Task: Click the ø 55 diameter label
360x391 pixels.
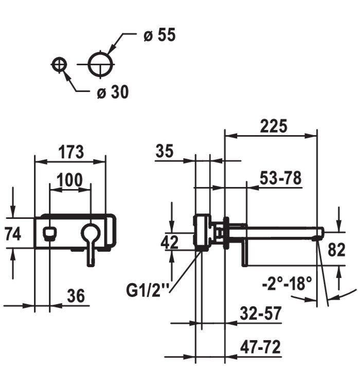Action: [x=159, y=35]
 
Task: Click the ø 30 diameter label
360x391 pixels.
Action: [x=113, y=92]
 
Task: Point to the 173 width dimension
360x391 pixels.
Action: [x=71, y=152]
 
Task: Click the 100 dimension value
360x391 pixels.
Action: [x=69, y=179]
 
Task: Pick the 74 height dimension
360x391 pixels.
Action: [x=13, y=234]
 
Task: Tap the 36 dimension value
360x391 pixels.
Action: [x=76, y=296]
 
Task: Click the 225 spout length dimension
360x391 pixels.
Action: [x=274, y=126]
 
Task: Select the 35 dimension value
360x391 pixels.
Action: [x=165, y=151]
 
